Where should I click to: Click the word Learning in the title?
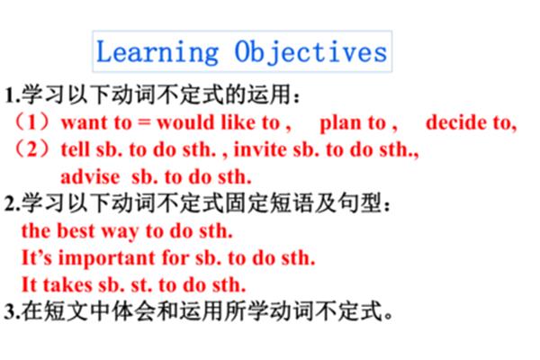point(157,52)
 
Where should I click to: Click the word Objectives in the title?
point(310,52)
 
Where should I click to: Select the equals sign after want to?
point(146,123)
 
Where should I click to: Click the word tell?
point(75,149)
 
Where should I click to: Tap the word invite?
point(260,149)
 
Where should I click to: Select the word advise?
point(90,176)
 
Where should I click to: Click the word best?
point(76,230)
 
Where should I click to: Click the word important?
point(107,258)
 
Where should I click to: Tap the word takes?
point(67,285)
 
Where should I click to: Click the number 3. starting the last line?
point(12,311)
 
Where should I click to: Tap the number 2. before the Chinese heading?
point(12,203)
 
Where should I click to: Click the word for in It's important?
point(175,257)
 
